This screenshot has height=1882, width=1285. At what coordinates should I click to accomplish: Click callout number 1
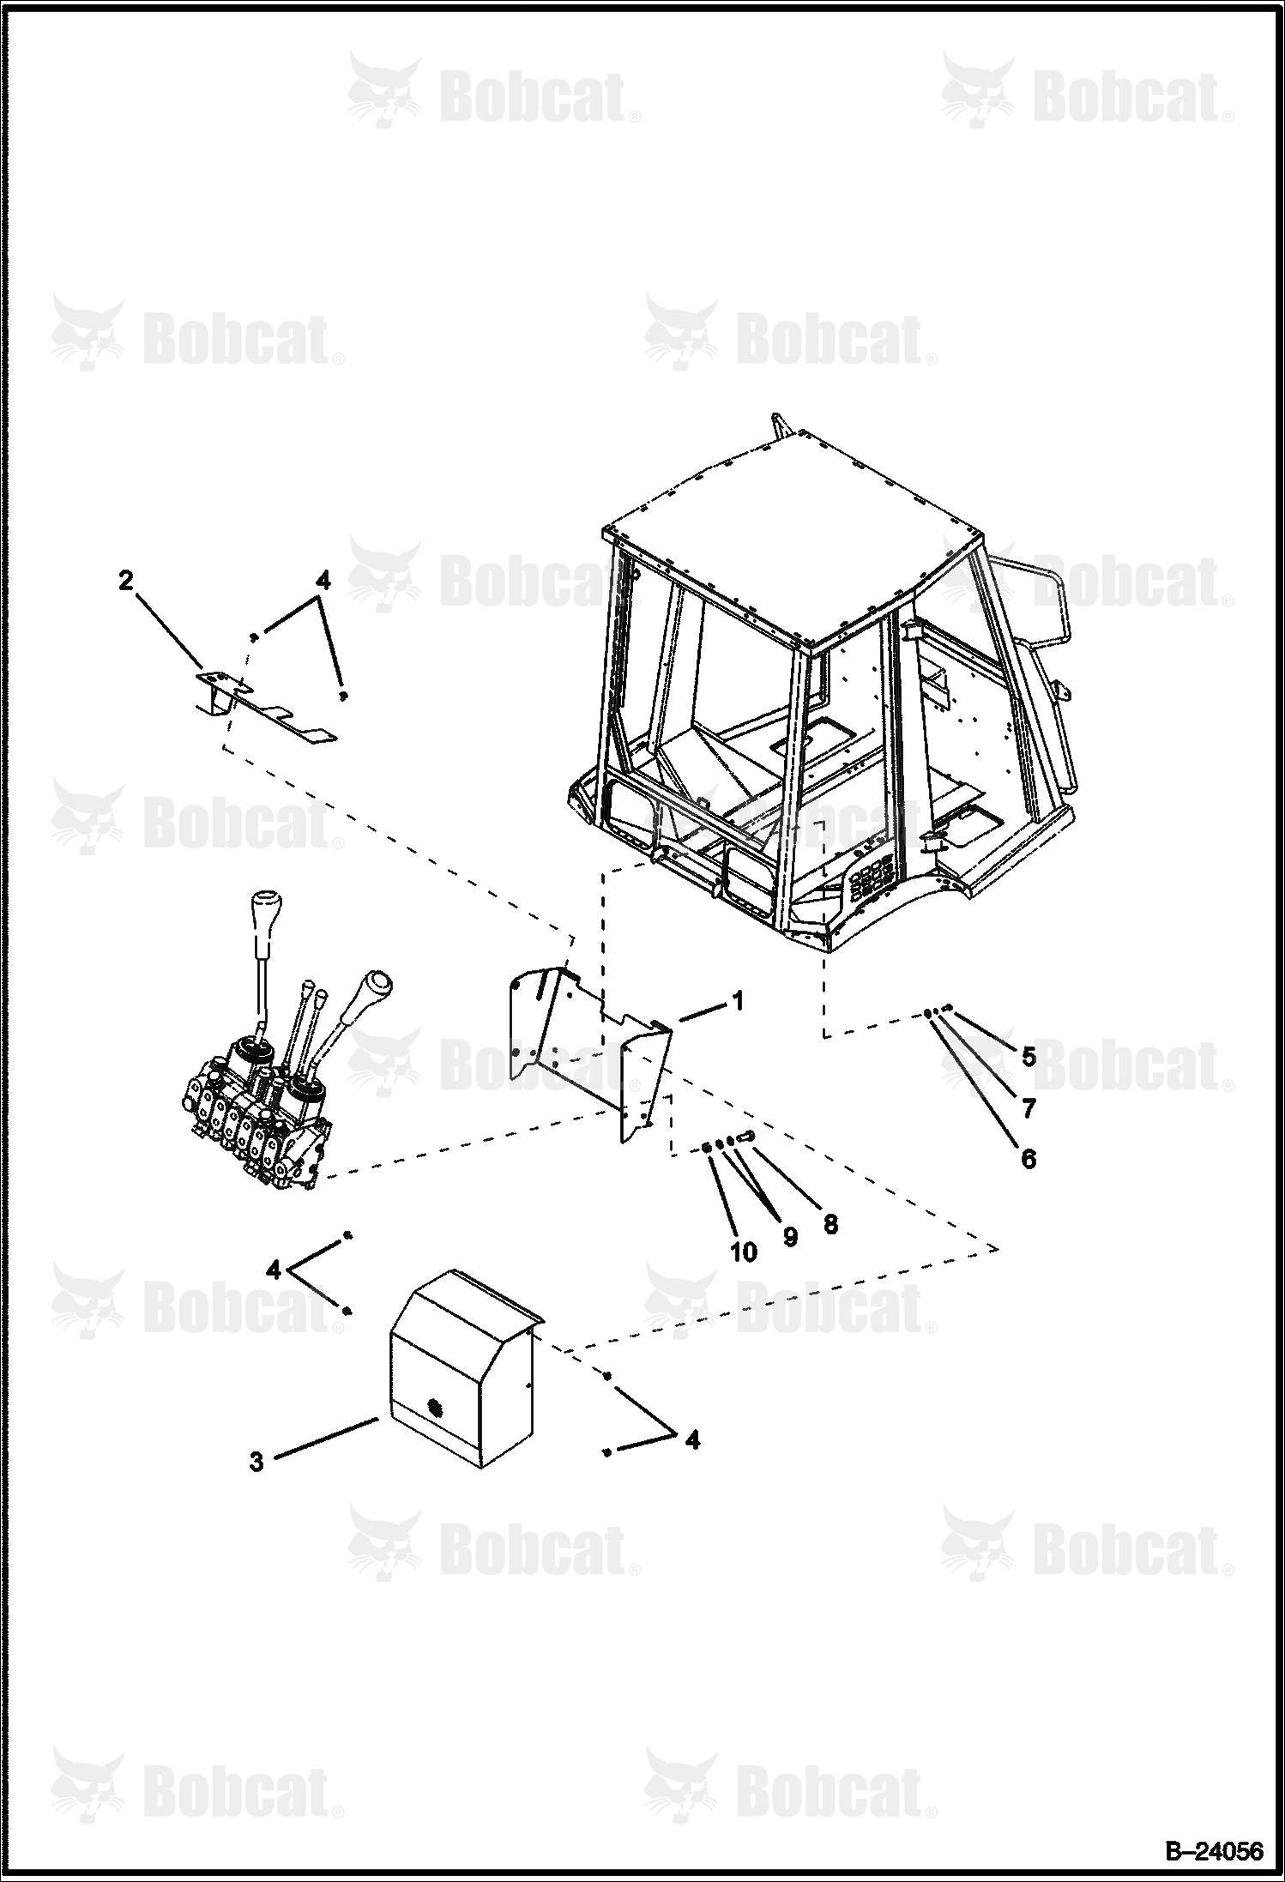(x=738, y=1001)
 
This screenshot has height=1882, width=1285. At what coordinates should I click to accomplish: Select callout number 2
(x=126, y=581)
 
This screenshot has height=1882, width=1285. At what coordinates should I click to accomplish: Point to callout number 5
(x=1029, y=1057)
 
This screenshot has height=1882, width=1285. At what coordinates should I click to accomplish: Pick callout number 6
(x=1029, y=1159)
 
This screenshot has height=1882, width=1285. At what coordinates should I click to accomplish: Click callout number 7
(x=1029, y=1108)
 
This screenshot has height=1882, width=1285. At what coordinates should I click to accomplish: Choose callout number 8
(x=830, y=1223)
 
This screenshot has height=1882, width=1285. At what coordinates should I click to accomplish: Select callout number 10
(x=744, y=1252)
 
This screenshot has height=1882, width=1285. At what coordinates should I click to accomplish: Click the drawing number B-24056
(x=1213, y=1852)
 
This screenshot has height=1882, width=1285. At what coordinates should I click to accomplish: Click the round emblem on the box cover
(x=436, y=1405)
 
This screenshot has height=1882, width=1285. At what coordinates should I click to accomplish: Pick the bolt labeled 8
(x=745, y=1137)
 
